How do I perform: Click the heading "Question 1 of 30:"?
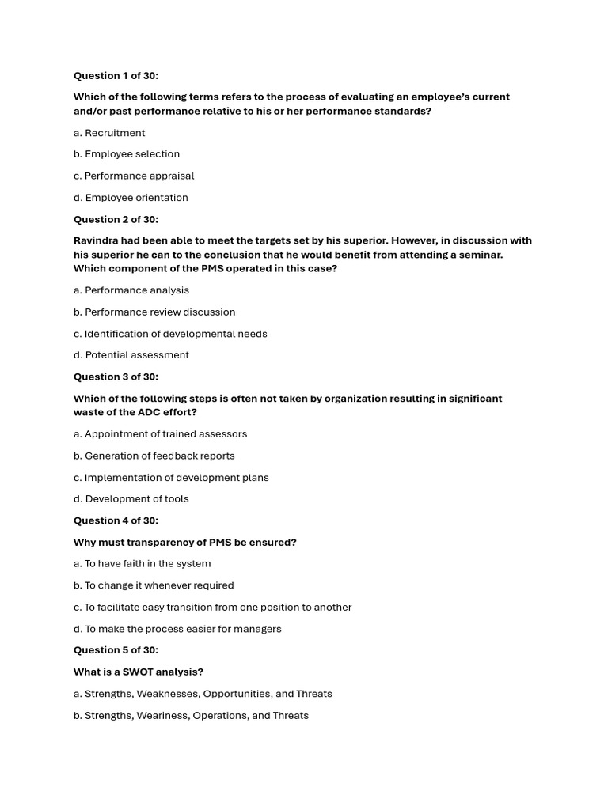(116, 76)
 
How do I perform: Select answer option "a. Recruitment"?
(109, 133)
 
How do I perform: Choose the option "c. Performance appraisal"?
(134, 176)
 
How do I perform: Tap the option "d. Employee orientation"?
(131, 198)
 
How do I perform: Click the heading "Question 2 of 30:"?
(116, 219)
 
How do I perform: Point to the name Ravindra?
(99, 240)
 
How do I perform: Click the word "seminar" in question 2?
(479, 255)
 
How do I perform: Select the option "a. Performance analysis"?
(131, 290)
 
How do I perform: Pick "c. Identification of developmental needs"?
(170, 334)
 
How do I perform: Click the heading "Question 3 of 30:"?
(116, 377)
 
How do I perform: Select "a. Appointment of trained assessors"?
(160, 434)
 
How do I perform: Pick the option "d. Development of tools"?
(131, 499)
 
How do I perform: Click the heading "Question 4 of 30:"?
(116, 520)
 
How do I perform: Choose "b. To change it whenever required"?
(154, 585)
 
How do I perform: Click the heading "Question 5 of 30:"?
(116, 650)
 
